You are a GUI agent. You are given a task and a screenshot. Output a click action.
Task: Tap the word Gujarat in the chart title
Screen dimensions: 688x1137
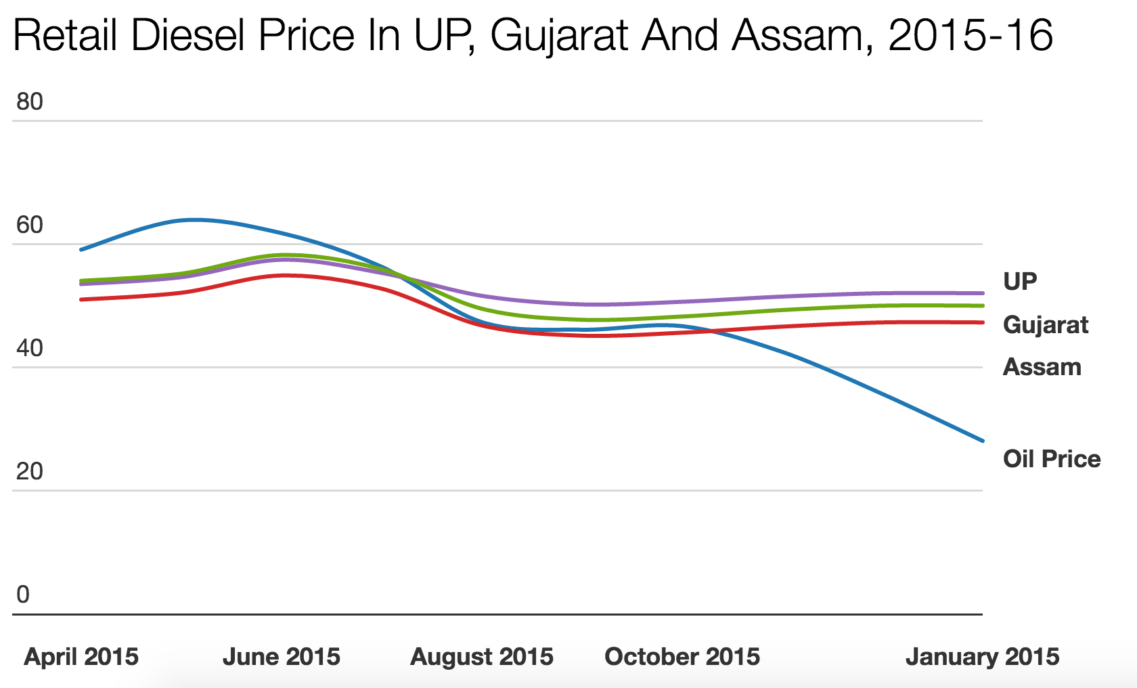pyautogui.click(x=560, y=35)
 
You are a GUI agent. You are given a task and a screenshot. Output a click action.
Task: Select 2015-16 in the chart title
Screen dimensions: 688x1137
pyautogui.click(x=971, y=35)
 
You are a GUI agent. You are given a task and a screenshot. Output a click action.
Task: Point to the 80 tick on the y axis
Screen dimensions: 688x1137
pyautogui.click(x=29, y=102)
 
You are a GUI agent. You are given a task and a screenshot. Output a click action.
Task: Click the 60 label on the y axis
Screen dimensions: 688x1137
pyautogui.click(x=29, y=225)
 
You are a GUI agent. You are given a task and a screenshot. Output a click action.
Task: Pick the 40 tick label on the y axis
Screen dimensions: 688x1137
pyautogui.click(x=29, y=348)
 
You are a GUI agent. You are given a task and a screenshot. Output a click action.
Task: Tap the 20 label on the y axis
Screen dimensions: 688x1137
pyautogui.click(x=29, y=471)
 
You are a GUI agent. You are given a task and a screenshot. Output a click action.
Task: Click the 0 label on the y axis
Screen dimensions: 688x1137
pyautogui.click(x=23, y=595)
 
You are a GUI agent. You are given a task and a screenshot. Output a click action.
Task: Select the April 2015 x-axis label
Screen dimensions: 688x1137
pyautogui.click(x=81, y=656)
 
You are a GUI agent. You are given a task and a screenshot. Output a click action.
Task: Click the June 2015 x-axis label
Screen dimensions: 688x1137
pyautogui.click(x=282, y=656)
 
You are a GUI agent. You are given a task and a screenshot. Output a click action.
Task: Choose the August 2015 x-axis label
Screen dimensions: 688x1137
pyautogui.click(x=482, y=656)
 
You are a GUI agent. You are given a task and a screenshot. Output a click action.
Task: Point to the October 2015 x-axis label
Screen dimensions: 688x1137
pyautogui.click(x=682, y=656)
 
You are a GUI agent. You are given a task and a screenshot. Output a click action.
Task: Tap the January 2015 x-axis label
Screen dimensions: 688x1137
pyautogui.click(x=983, y=656)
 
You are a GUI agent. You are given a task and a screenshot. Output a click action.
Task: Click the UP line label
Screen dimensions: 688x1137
pyautogui.click(x=1020, y=281)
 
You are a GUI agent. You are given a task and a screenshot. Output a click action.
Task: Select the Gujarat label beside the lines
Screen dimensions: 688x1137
pyautogui.click(x=1046, y=325)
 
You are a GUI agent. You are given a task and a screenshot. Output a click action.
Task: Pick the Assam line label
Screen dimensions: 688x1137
pyautogui.click(x=1042, y=367)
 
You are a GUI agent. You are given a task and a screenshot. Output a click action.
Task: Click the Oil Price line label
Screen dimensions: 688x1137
pyautogui.click(x=1052, y=458)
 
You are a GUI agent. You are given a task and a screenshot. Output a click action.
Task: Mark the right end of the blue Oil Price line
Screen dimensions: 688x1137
pyautogui.click(x=982, y=441)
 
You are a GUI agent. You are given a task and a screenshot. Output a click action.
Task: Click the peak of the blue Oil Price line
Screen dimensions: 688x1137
pyautogui.click(x=195, y=219)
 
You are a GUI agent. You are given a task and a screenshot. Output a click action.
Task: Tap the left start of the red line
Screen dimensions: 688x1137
pyautogui.click(x=81, y=299)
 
